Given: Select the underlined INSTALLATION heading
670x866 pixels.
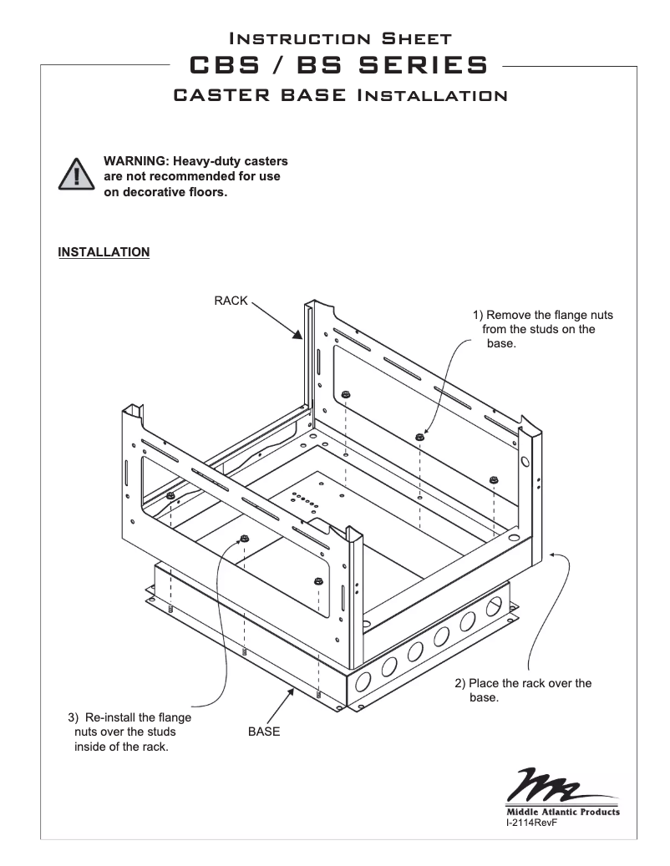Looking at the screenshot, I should pyautogui.click(x=104, y=251).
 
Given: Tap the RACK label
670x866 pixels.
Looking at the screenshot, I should pyautogui.click(x=231, y=301).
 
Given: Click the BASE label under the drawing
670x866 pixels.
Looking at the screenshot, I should pyautogui.click(x=264, y=731).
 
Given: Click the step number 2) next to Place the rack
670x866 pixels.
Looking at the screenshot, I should pyautogui.click(x=460, y=683).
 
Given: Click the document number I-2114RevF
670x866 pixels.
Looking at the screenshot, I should pyautogui.click(x=531, y=823).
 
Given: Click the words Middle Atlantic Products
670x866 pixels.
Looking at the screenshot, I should pyautogui.click(x=562, y=811).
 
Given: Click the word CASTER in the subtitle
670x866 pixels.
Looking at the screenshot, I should pyautogui.click(x=220, y=94).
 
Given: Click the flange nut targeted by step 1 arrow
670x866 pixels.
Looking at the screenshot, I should pyautogui.click(x=419, y=436).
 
